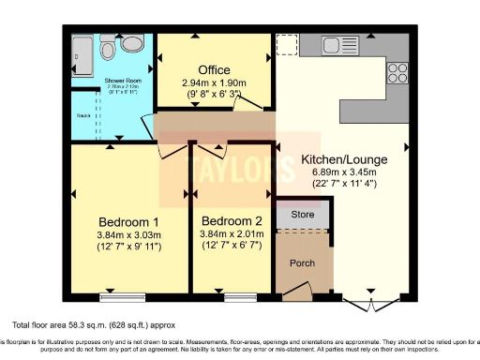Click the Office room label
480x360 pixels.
pyautogui.click(x=214, y=70)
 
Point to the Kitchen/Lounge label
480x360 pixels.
pyautogui.click(x=345, y=159)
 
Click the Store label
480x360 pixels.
pyautogui.click(x=300, y=215)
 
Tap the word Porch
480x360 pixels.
pyautogui.click(x=302, y=262)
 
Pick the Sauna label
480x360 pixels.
pyautogui.click(x=83, y=117)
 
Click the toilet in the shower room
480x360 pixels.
pyautogui.click(x=130, y=45)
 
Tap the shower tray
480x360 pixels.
pyautogui.click(x=81, y=52)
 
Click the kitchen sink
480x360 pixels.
pyautogui.click(x=333, y=43)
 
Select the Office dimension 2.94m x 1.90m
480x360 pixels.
pyautogui.click(x=214, y=82)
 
